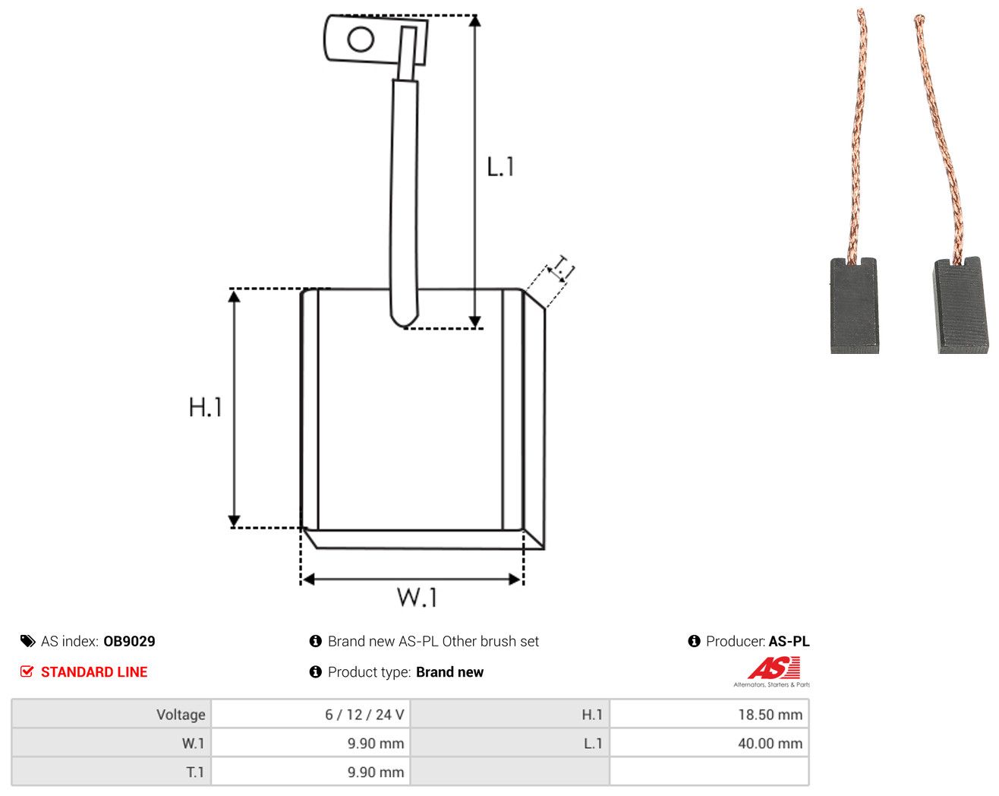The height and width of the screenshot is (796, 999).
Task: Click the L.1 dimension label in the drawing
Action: [x=500, y=167]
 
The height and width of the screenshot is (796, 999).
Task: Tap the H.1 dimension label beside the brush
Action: [x=205, y=407]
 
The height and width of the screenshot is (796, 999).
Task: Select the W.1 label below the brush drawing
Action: [x=417, y=597]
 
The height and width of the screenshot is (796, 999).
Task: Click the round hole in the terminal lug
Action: [x=361, y=39]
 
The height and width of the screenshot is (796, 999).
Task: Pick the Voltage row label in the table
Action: [x=181, y=714]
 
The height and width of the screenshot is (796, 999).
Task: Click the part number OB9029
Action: [x=129, y=641]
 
